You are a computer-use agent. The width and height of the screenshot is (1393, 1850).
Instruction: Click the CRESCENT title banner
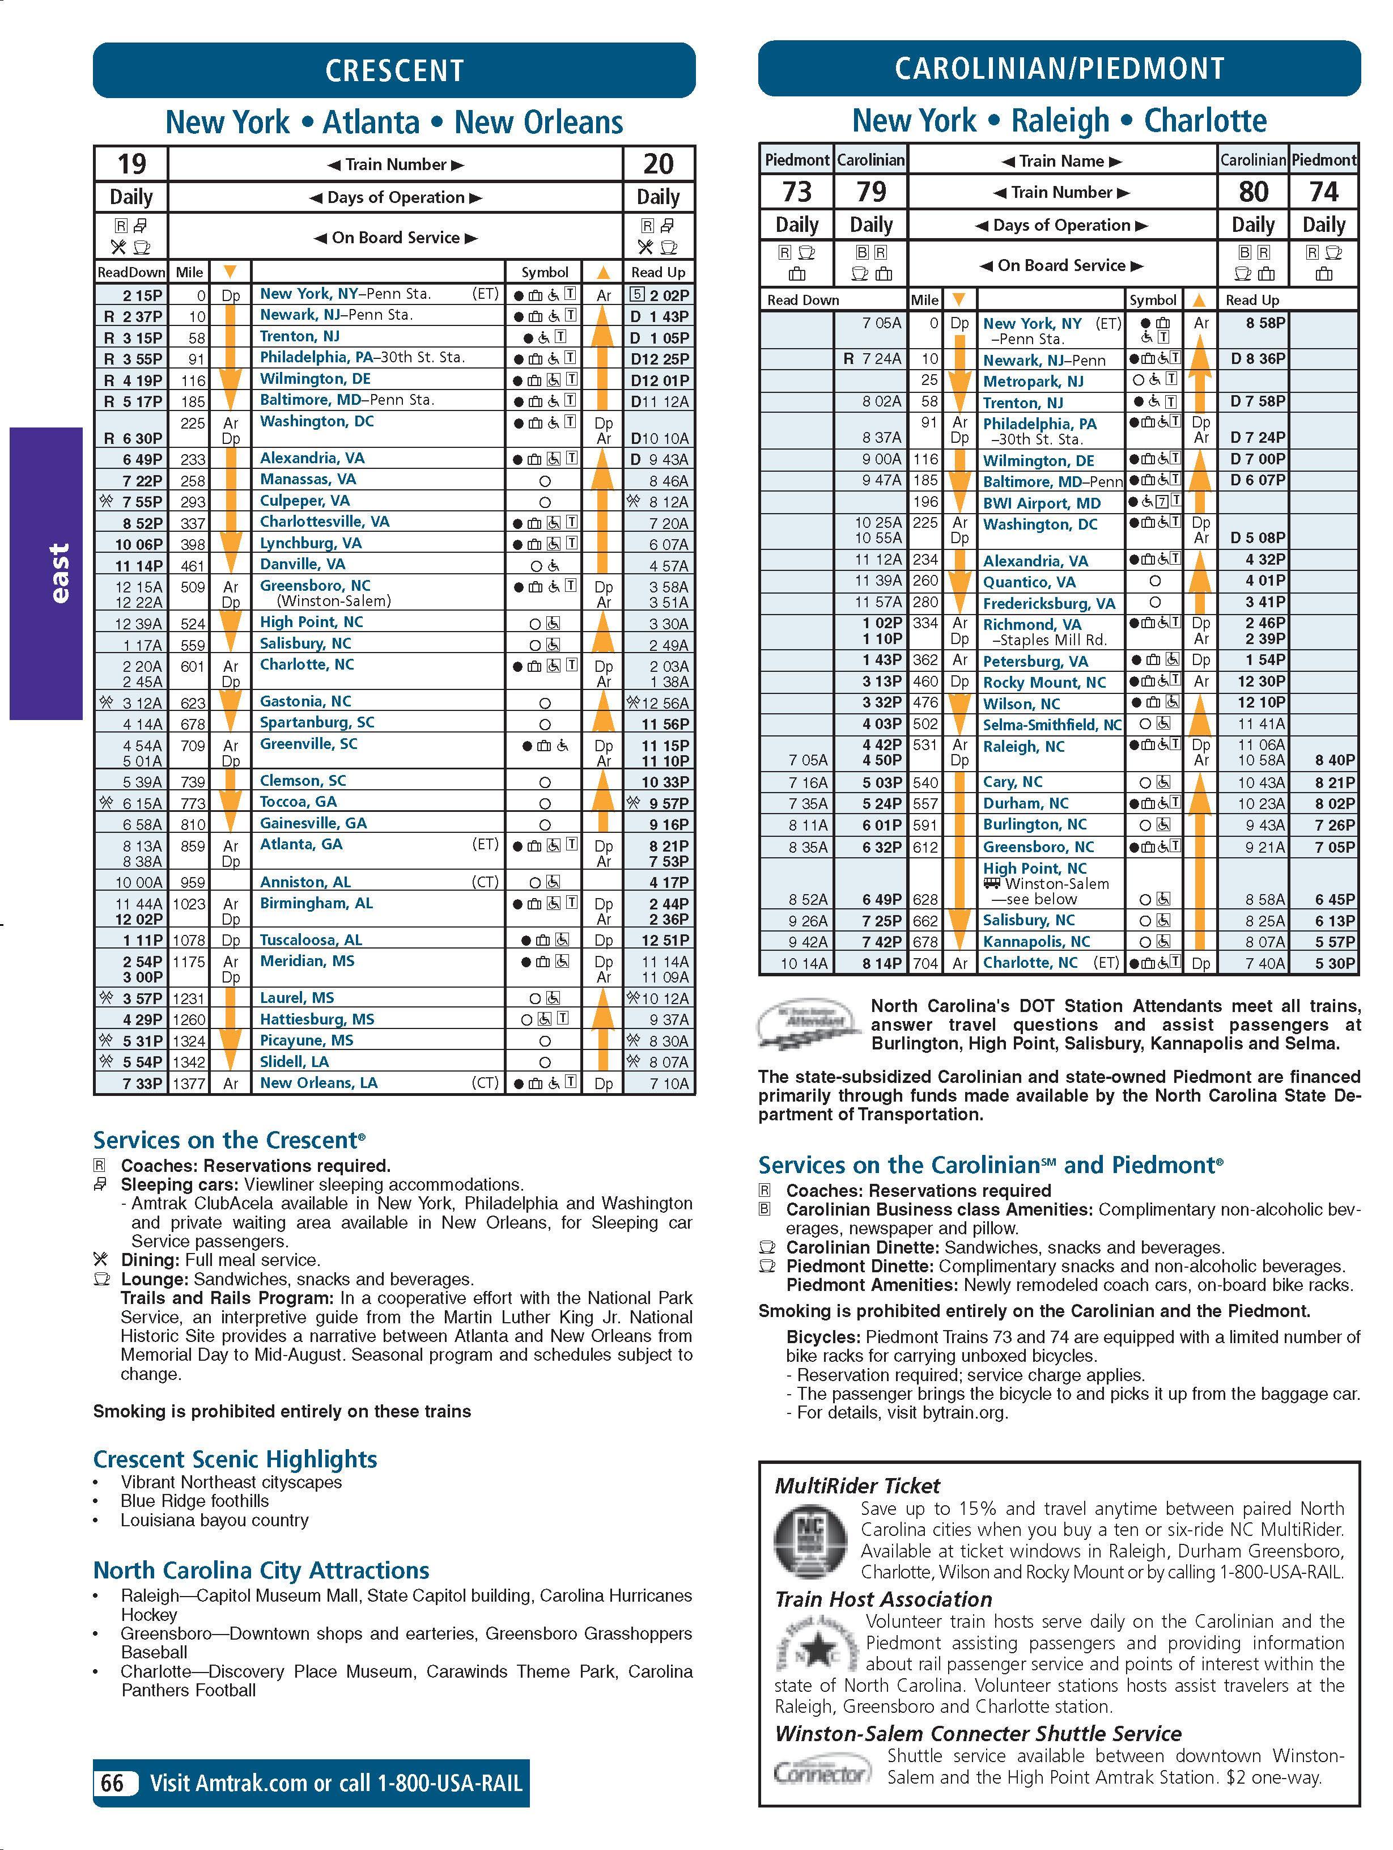pos(394,70)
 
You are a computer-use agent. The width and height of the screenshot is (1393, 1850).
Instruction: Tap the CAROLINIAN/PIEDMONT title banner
pos(1059,69)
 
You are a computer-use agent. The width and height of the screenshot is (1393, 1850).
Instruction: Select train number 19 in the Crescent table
pos(131,164)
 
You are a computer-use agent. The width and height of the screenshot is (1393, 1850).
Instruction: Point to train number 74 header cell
pos(1324,192)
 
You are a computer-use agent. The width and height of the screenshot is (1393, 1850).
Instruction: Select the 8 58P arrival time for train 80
pos(1265,323)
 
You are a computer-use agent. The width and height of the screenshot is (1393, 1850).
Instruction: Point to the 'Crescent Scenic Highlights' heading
pos(235,1459)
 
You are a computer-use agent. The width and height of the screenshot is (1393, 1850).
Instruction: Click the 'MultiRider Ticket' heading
pos(857,1486)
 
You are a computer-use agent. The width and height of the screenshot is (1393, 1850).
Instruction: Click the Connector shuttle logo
pos(820,1772)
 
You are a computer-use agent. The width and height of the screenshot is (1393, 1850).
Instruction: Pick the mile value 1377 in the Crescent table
pos(189,1083)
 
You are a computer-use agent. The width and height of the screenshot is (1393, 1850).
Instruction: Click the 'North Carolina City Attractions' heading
pos(261,1570)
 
